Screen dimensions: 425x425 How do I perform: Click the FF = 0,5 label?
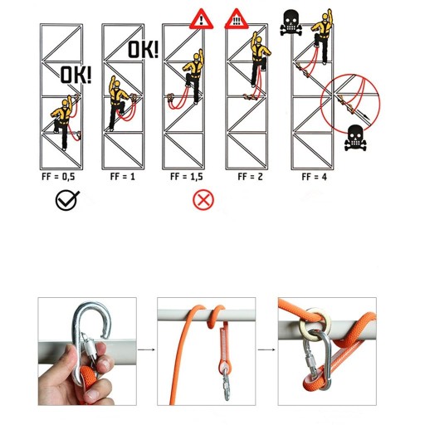[58, 177]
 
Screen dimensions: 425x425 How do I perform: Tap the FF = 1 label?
[123, 177]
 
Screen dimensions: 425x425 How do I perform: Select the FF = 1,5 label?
[187, 177]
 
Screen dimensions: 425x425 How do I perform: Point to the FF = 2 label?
[250, 177]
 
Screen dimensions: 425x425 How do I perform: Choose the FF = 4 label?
[315, 177]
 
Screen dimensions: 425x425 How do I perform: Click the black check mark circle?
[67, 200]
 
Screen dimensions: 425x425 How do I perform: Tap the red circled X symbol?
[203, 200]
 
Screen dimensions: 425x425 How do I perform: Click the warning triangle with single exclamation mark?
[202, 19]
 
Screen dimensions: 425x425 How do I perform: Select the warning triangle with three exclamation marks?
[237, 19]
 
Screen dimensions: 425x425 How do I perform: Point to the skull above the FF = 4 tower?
[291, 22]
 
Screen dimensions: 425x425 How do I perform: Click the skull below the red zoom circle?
[355, 138]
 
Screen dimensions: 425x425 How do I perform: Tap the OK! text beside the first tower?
[76, 75]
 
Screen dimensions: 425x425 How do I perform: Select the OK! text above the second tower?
[144, 49]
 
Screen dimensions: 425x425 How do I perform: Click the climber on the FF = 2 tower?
[259, 60]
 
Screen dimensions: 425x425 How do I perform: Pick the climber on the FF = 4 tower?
[323, 36]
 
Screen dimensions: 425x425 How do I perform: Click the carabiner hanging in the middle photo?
[227, 383]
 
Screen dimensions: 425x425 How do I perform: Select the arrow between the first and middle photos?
[146, 349]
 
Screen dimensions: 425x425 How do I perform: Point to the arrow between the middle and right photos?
[266, 349]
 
